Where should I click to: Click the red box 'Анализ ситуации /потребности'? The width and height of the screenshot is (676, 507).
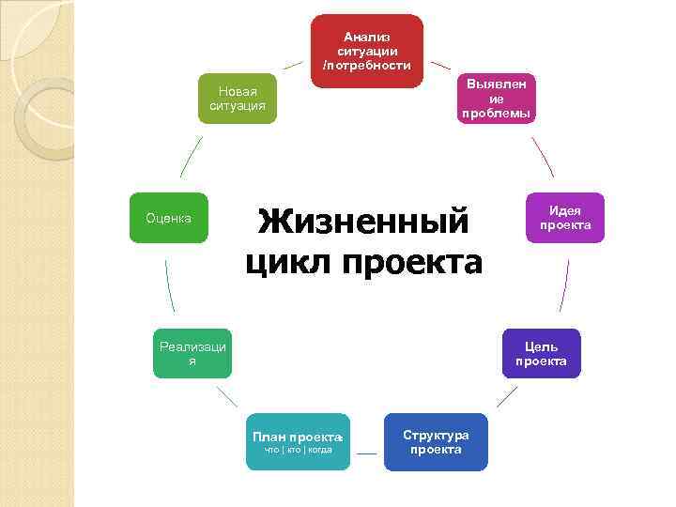tap(366, 51)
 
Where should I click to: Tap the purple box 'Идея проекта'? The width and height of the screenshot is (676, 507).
tap(564, 218)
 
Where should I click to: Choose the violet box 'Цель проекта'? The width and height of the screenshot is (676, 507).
tap(541, 353)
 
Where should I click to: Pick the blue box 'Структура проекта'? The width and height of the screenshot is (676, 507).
tap(436, 441)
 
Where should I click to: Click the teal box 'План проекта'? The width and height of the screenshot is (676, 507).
tap(298, 441)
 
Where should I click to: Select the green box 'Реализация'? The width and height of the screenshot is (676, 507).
tap(192, 353)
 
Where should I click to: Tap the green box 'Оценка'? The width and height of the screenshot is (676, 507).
tap(169, 218)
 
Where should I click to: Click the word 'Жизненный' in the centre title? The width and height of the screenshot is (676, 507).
tap(363, 222)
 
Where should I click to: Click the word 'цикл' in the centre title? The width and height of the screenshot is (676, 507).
tap(288, 263)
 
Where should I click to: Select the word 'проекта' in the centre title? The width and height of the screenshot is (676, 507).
tap(412, 263)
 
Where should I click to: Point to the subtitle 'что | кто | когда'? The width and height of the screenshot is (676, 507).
tap(298, 451)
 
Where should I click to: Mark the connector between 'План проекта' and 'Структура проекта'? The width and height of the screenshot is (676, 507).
tap(367, 454)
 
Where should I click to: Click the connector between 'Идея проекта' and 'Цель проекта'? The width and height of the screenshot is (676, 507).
tap(564, 285)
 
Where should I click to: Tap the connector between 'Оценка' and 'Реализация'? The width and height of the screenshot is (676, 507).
tap(169, 285)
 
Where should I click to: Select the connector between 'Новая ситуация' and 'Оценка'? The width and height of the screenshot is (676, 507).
tap(192, 157)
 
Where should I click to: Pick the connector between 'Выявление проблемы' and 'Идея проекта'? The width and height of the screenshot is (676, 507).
tap(542, 157)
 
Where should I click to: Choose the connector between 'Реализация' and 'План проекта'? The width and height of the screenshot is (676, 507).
tap(226, 396)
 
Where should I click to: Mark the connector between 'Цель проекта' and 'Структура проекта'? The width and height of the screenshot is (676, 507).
tap(507, 396)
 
